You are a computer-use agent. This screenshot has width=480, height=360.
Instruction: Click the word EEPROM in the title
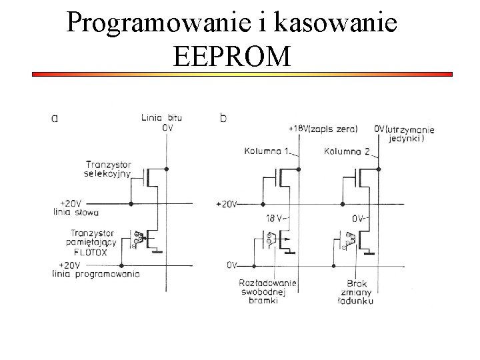231,57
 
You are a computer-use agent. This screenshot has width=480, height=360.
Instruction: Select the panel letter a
55,119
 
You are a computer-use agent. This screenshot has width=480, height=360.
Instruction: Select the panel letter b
223,119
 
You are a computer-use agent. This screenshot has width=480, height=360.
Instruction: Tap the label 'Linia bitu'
161,118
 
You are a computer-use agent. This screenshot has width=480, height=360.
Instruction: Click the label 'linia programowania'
96,274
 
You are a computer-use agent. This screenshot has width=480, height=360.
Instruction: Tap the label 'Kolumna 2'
347,151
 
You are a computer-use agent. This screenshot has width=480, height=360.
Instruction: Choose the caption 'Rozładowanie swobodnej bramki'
266,292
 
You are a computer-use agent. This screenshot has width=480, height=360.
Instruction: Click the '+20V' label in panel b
227,204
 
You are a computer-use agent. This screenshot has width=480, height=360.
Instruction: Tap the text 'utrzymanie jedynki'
412,133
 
